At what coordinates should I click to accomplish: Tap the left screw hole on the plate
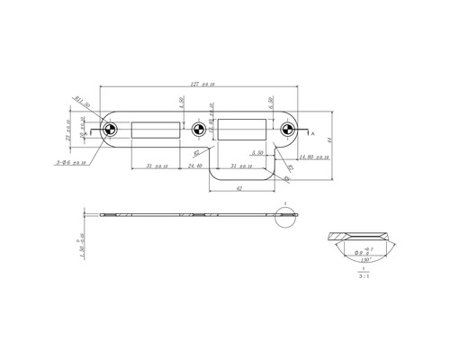coord(108,130)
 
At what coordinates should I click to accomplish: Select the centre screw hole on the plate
coord(199,130)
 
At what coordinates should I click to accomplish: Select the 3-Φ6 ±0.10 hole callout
coord(70,163)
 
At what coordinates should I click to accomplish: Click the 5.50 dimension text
coord(257,154)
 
